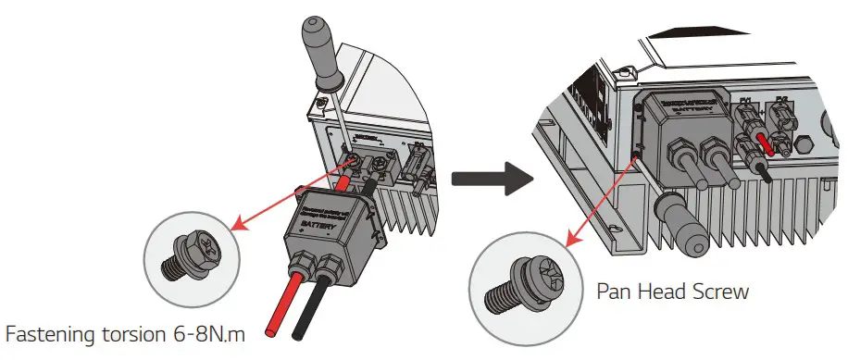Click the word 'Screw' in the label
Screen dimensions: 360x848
(x=716, y=292)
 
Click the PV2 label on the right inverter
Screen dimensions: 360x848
(x=780, y=98)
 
